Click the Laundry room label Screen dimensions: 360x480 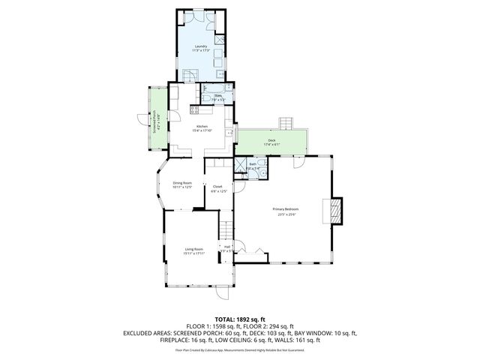tap(201, 46)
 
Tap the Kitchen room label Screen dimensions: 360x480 tap(201, 126)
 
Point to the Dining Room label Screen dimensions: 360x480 tap(183, 183)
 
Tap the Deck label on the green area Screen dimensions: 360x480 tap(271, 140)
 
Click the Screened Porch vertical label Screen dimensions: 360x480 tap(155, 122)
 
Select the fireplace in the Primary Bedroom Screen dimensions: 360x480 tap(334, 211)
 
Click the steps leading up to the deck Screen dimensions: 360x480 tap(286, 123)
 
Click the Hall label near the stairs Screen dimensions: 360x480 tap(226, 246)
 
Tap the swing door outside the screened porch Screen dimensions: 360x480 tap(142, 117)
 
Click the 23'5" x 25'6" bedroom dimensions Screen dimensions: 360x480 tap(285, 215)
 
